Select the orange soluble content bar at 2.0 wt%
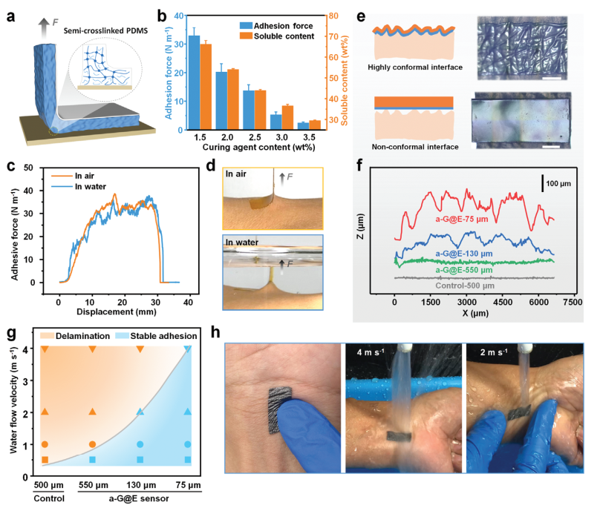[x=233, y=99]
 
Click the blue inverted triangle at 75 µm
[x=188, y=349]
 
